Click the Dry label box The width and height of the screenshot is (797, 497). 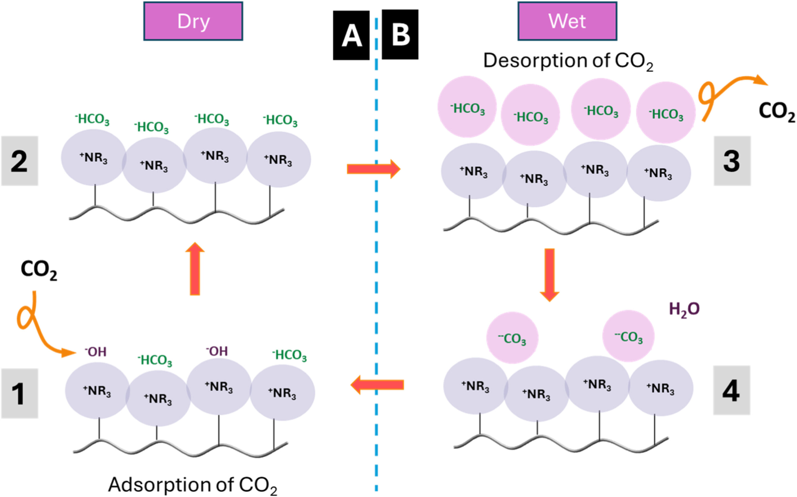[193, 21]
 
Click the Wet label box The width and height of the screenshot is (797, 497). [567, 21]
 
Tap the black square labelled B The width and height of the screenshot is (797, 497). [400, 35]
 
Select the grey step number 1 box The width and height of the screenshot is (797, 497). [19, 393]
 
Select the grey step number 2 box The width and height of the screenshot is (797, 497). [19, 161]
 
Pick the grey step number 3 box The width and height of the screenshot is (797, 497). [732, 161]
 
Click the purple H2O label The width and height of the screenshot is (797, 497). [684, 309]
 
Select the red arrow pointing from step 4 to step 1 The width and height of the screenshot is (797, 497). [377, 385]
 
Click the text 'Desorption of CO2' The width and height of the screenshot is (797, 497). [568, 61]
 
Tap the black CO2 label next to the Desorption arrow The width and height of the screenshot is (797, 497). [777, 112]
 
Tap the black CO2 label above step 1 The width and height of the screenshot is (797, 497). [39, 270]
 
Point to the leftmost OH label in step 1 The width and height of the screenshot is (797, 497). [96, 352]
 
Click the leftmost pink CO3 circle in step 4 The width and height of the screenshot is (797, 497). [512, 338]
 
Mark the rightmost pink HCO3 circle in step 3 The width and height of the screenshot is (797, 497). [666, 112]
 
